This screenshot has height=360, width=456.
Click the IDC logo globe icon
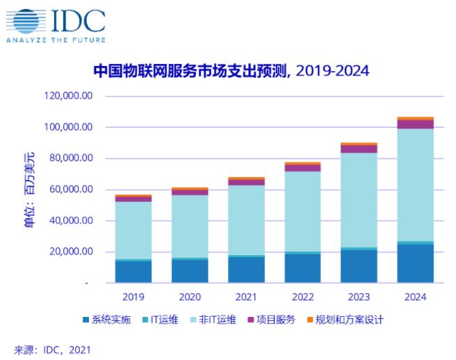24,21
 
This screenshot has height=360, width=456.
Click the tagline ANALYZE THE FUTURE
55,40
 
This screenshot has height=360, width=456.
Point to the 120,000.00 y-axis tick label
69,97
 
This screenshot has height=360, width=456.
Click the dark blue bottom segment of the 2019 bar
133,272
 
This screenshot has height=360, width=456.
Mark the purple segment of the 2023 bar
359,149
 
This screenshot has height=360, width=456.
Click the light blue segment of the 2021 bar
246,220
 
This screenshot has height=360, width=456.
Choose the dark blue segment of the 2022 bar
302,268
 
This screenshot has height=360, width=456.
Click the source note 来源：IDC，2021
52,350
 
